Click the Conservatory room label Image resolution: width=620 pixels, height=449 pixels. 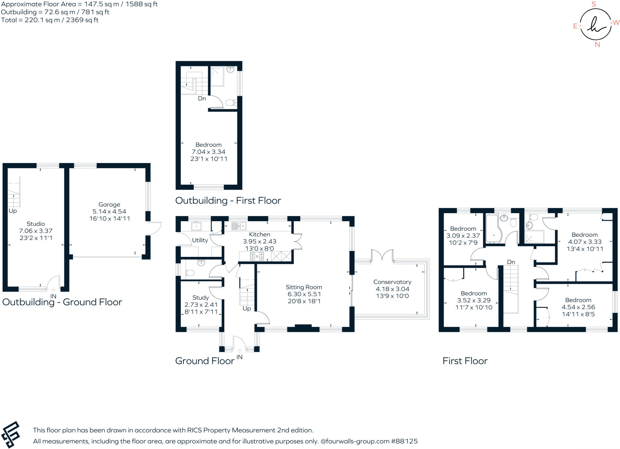(392, 282)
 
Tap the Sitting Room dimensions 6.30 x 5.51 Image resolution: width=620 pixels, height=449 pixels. (304, 294)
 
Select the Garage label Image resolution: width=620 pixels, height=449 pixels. (109, 205)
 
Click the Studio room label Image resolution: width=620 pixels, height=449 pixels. (36, 224)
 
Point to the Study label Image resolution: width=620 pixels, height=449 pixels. (200, 298)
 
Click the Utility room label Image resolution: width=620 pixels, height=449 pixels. (200, 240)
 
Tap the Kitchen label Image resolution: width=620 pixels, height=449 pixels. (259, 234)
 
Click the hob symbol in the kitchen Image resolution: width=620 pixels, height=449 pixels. (257, 257)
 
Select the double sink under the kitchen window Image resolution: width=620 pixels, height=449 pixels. (239, 226)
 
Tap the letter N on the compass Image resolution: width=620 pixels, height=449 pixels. (597, 45)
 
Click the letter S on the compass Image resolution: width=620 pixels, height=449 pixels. (594, 4)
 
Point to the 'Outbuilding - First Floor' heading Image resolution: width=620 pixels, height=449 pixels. (228, 201)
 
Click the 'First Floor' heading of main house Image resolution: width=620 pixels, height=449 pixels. (465, 361)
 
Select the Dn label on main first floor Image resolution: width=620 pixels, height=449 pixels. (511, 262)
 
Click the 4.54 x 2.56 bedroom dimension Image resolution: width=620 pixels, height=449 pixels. (578, 307)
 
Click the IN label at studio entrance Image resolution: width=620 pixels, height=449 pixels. (53, 296)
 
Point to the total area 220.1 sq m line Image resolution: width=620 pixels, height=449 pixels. (50, 20)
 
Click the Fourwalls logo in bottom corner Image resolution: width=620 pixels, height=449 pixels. (11, 434)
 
